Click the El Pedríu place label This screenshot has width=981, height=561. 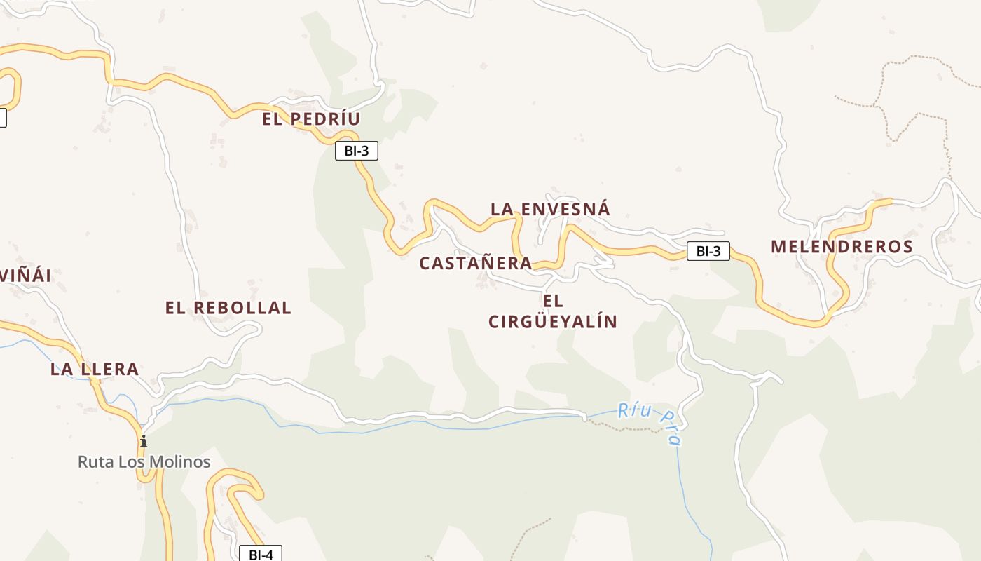311,119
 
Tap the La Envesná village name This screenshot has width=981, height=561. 550,209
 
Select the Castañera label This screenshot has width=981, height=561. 476,263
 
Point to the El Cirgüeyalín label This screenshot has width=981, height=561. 553,311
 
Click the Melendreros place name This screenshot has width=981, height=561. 842,246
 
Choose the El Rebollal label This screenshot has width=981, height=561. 228,308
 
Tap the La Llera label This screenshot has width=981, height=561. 94,369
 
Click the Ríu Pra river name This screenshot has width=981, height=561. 651,423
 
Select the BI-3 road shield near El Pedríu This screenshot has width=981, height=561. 357,150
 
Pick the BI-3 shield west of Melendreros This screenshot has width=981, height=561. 708,251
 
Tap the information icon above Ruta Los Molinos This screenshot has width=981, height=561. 144,441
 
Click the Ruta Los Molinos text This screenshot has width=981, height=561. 144,462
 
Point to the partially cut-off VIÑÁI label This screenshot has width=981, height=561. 25,276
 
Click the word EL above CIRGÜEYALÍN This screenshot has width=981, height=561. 553,301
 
